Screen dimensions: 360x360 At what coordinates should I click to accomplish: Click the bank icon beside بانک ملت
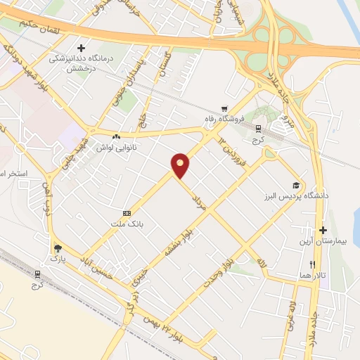127,213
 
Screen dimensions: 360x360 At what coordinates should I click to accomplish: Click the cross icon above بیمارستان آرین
323,230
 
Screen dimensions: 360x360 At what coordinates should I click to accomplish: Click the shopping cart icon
224,109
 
